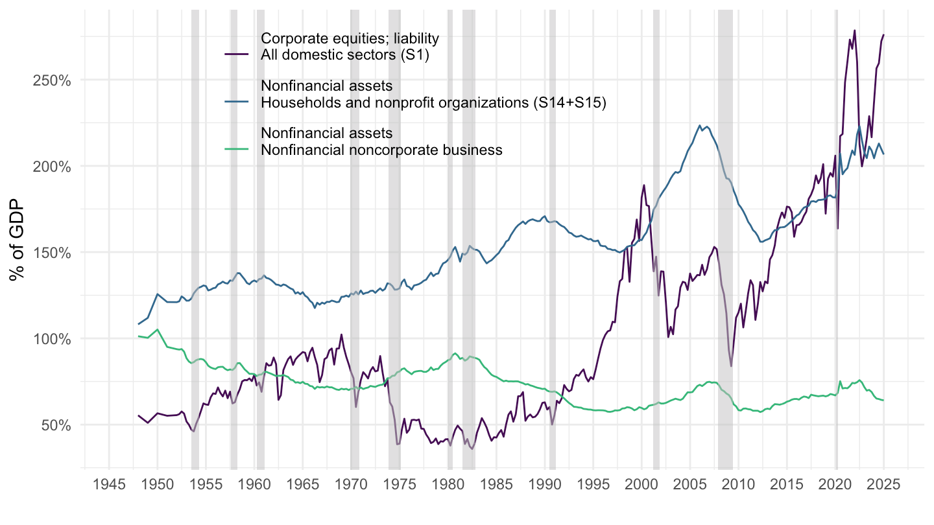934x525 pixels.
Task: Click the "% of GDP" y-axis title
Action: (18, 239)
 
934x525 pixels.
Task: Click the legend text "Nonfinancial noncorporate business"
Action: (381, 150)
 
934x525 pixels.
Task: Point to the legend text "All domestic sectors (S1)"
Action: (345, 56)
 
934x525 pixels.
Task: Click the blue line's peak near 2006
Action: (700, 126)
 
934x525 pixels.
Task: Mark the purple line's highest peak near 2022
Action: (854, 30)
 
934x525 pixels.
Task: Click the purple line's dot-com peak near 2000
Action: (644, 185)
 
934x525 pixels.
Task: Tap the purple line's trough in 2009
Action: (731, 366)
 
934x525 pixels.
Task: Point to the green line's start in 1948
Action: (139, 336)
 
